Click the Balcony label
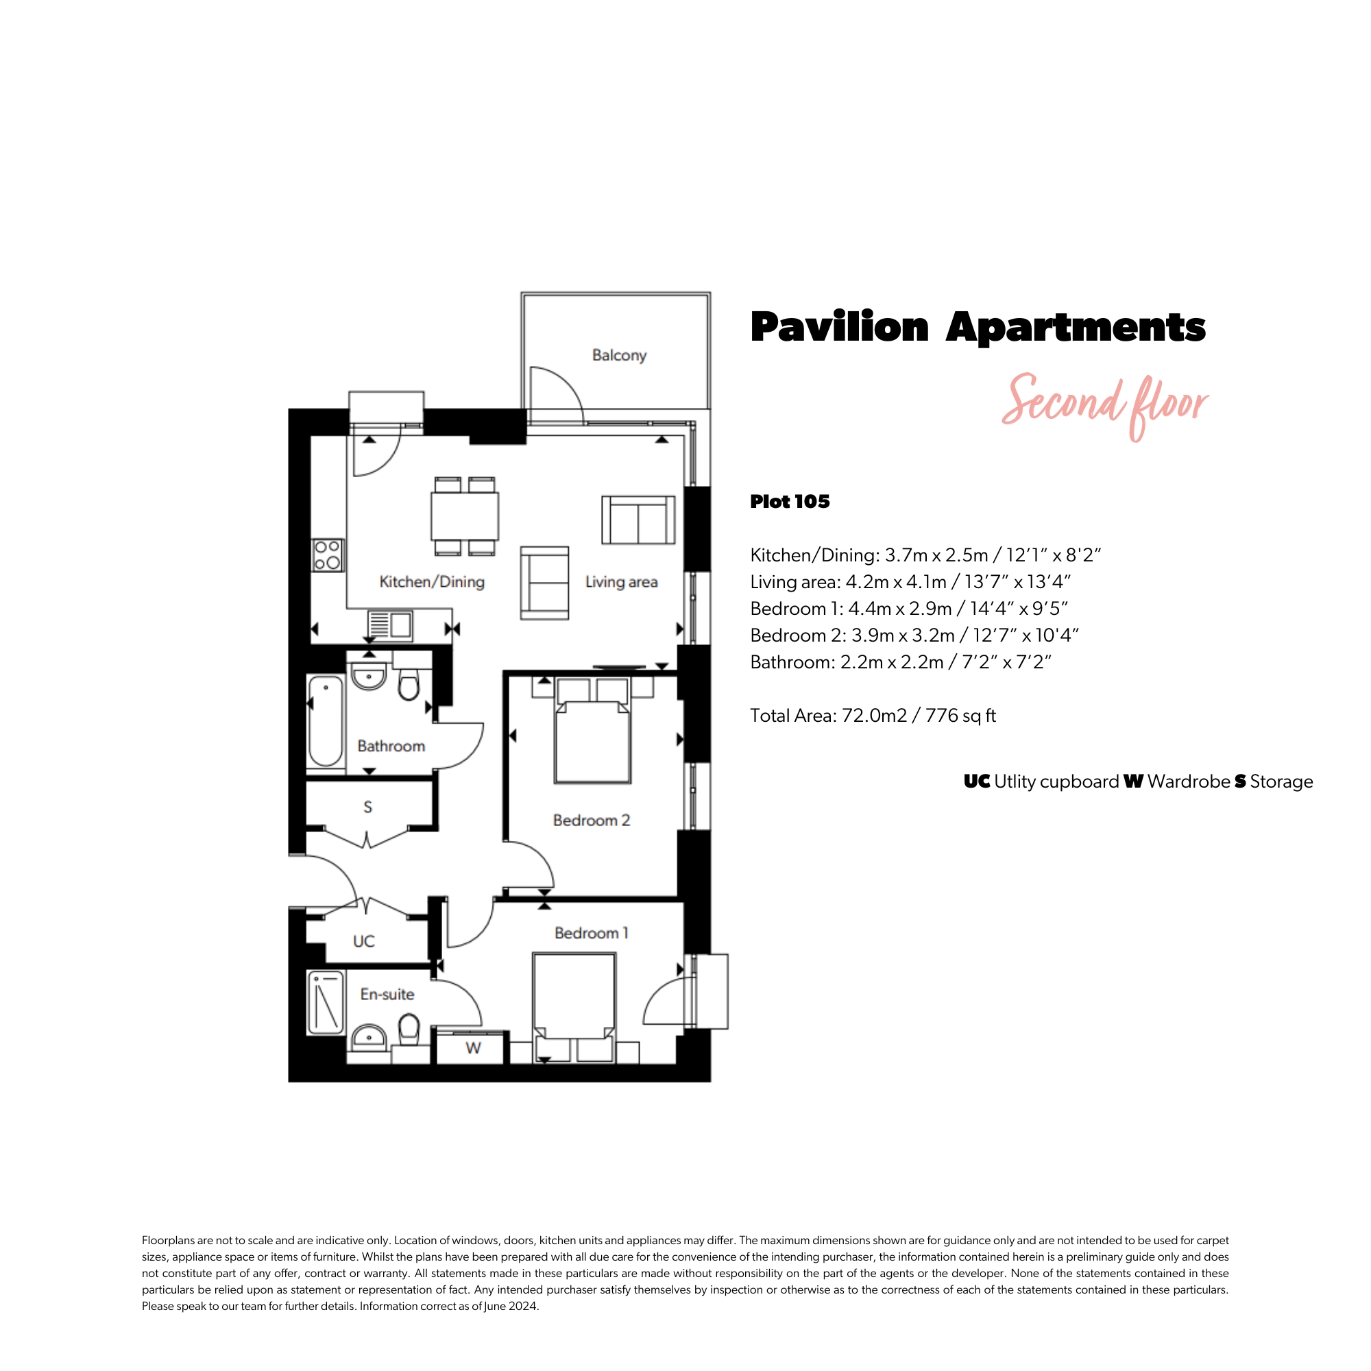619,356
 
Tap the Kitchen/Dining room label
431,582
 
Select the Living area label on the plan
621,582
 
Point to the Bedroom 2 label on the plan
591,821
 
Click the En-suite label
387,994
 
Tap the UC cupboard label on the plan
363,941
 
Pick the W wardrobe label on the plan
473,1048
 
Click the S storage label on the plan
367,807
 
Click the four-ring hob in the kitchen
328,556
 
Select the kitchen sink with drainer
389,625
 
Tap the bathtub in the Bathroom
326,721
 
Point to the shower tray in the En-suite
326,1002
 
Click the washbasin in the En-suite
369,1037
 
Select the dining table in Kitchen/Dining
465,517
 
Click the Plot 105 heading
790,502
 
